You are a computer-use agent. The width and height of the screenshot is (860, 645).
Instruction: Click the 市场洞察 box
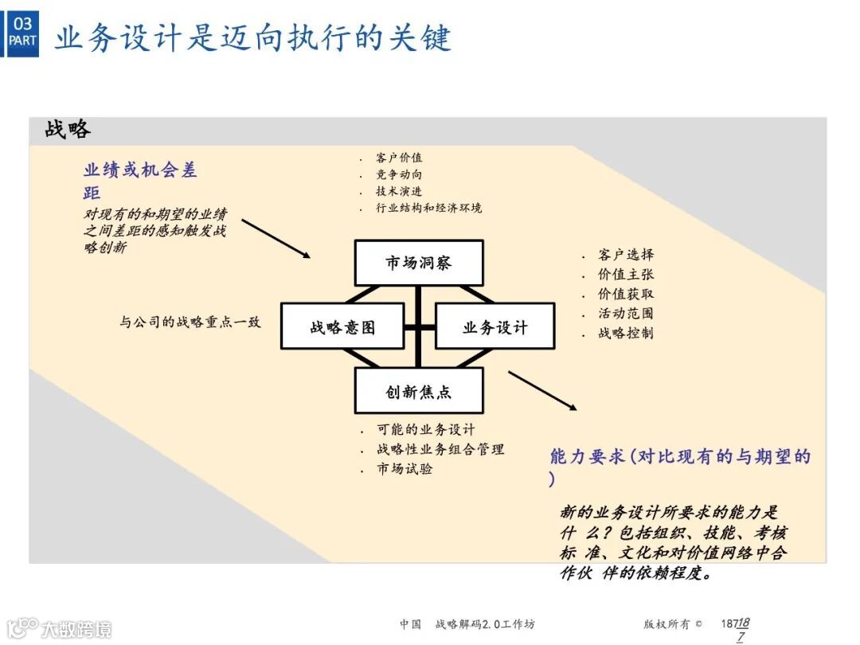419,263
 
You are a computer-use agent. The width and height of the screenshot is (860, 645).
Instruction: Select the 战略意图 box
342,326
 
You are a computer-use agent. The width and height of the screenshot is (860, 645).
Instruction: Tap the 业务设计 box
494,326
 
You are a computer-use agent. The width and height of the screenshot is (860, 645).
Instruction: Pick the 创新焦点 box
419,392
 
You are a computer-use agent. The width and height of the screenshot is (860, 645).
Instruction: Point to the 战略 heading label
68,130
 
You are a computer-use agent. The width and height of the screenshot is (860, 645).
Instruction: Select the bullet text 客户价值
399,158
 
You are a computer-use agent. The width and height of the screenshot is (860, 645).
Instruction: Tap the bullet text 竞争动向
399,174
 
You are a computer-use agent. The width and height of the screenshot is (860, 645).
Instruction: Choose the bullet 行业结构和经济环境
428,208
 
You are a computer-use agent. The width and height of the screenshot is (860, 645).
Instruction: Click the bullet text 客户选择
626,255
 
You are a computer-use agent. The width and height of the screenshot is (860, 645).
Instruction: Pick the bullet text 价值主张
626,274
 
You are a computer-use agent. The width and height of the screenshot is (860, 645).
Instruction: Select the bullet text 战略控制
626,333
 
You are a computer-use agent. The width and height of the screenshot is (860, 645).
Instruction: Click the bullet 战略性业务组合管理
440,449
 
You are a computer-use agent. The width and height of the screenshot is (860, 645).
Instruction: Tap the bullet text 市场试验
405,469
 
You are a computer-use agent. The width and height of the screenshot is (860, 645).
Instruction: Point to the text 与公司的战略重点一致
190,322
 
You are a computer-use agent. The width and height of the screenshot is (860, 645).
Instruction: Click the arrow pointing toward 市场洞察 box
276,238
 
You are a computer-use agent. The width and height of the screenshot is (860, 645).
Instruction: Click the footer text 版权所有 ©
673,624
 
